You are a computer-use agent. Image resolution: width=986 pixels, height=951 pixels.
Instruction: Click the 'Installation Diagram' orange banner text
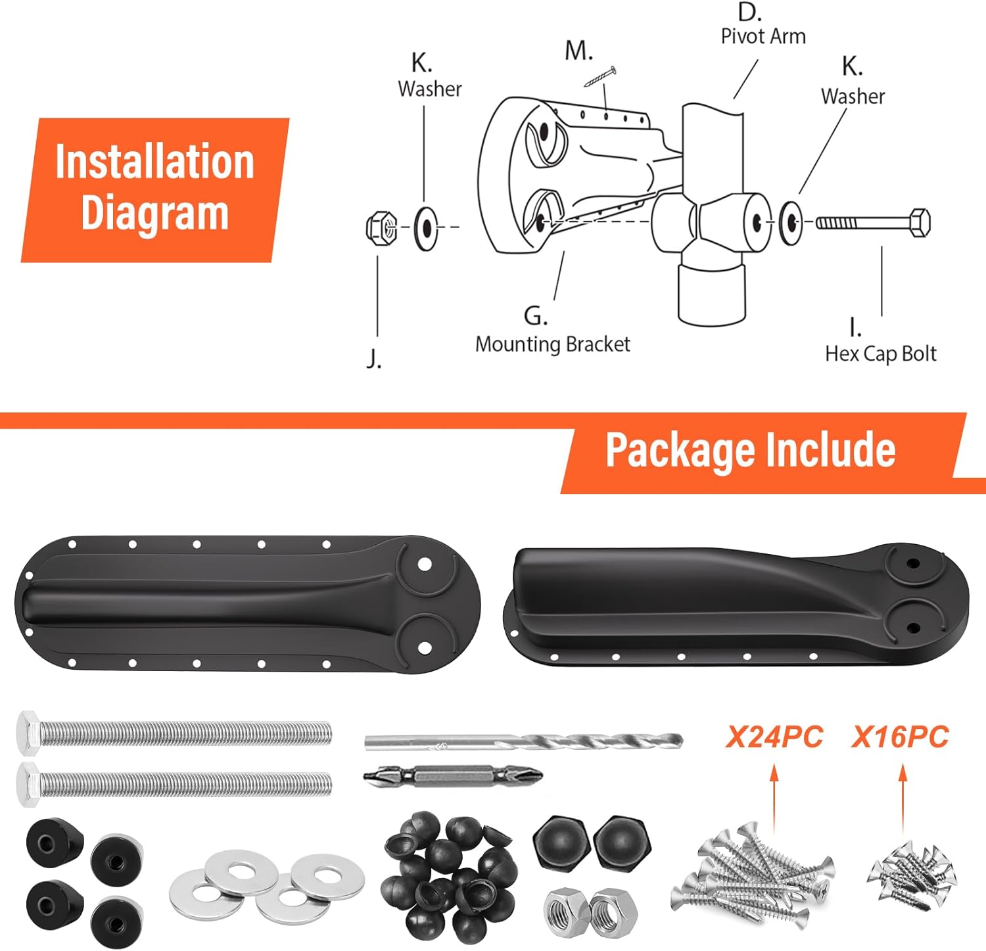154,187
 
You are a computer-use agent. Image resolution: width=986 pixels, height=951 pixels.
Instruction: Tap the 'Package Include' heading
750,450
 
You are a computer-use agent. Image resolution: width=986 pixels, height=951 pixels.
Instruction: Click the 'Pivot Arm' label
763,36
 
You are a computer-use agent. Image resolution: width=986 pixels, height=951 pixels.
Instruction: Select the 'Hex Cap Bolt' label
880,354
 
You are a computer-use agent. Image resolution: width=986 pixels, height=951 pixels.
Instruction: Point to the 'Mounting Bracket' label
552,344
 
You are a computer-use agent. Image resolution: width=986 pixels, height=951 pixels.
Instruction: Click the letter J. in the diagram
373,359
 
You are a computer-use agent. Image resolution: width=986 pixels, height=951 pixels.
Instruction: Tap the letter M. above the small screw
578,51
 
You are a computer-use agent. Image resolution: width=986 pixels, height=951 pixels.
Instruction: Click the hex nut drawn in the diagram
381,228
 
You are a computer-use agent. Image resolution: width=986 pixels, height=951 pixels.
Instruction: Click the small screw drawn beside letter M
599,77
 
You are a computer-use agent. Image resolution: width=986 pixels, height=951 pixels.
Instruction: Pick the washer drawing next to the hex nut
427,228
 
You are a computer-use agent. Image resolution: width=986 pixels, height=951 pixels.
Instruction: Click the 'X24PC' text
774,737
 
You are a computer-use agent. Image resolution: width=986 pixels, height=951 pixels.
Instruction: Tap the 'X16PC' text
900,737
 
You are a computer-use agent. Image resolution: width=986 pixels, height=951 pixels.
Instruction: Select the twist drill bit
523,742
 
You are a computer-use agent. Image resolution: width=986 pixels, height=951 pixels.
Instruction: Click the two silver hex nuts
590,909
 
